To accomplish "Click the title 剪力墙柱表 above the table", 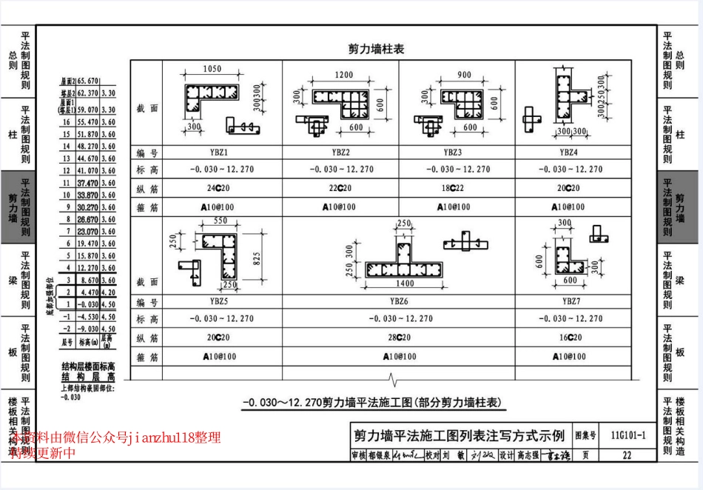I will (x=376, y=49).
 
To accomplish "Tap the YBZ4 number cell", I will (x=568, y=152).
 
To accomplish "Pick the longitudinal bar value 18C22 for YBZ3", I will (x=453, y=188).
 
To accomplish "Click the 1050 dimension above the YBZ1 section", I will (x=212, y=69).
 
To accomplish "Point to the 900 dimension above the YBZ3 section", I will (x=464, y=75).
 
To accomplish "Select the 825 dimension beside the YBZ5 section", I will (x=255, y=258).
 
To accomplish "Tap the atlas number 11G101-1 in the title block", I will (x=628, y=435).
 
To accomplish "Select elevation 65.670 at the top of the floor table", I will (x=87, y=81).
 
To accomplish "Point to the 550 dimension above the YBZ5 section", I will (x=221, y=221).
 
